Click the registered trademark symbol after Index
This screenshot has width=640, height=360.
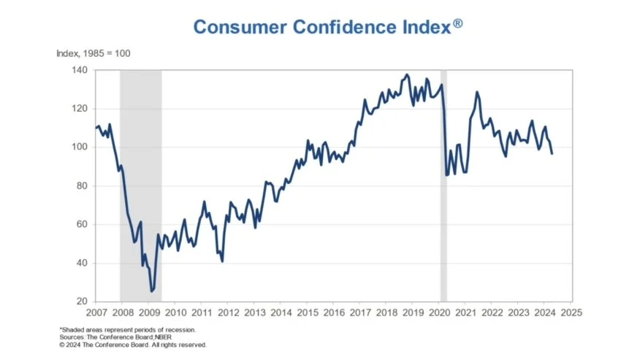click(457, 23)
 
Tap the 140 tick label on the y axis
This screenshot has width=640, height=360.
click(80, 70)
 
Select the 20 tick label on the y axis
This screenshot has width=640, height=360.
click(82, 302)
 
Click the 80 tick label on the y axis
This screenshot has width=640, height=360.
click(82, 185)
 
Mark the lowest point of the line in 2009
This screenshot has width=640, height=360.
click(152, 291)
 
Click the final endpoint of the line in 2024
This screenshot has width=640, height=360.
click(552, 153)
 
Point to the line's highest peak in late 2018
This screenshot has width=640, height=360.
click(407, 74)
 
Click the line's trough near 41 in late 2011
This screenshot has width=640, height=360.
click(221, 261)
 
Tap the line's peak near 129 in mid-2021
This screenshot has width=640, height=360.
click(476, 92)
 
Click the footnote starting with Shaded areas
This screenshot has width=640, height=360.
click(127, 330)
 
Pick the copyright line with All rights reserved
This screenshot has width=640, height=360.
click(133, 345)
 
